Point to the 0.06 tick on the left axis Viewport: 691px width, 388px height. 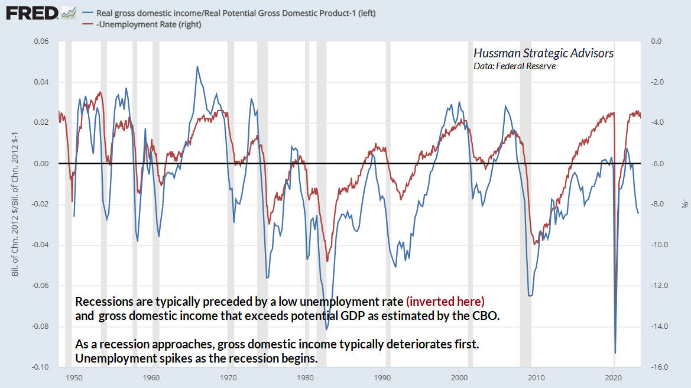(41, 41)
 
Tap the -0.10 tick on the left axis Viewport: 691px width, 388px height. (40, 367)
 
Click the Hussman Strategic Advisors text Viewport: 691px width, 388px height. (543, 53)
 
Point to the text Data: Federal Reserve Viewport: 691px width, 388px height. (514, 66)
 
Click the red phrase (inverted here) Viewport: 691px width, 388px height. (445, 301)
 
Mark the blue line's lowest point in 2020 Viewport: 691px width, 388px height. (615, 353)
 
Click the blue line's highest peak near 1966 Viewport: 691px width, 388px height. (197, 66)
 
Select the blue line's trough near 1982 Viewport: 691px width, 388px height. (326, 329)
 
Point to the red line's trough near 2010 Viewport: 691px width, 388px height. (535, 243)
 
